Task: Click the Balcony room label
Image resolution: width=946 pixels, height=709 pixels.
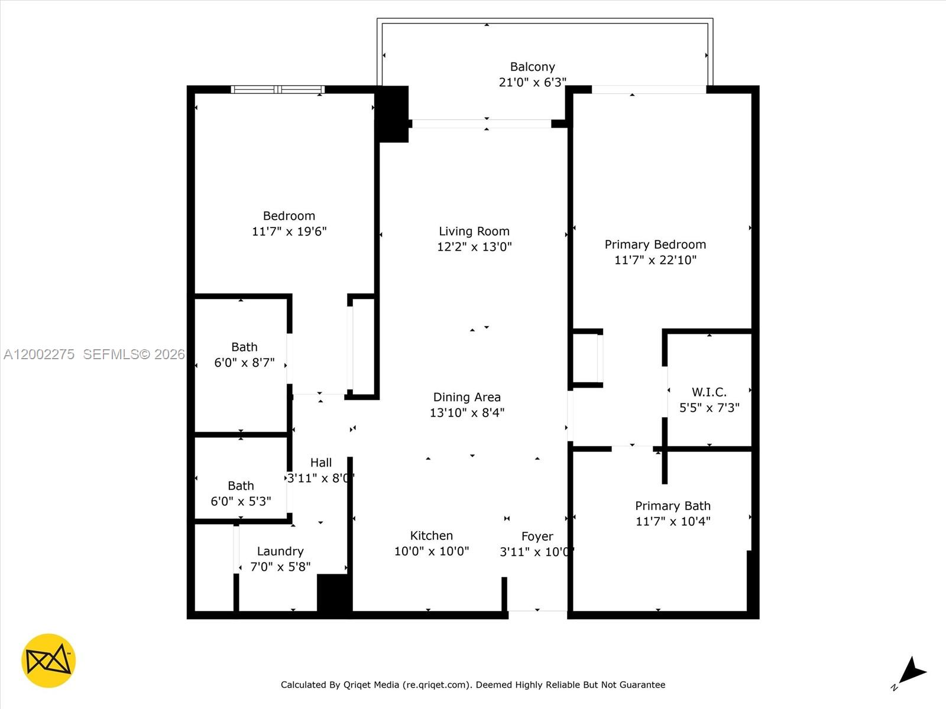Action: [x=532, y=67]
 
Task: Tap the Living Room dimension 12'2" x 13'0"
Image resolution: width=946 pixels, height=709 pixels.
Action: [x=474, y=247]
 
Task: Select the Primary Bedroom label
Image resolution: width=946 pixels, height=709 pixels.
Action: [x=655, y=245]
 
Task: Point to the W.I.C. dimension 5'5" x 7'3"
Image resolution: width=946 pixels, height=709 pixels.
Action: [x=709, y=408]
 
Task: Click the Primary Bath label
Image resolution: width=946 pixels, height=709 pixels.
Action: [x=672, y=506]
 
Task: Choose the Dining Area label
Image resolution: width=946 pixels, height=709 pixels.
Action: [x=466, y=397]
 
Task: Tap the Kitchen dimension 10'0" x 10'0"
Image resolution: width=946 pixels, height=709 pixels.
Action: [x=431, y=551]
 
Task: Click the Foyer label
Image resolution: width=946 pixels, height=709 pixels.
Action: [x=537, y=536]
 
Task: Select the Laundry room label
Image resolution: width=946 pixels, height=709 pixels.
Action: [x=280, y=551]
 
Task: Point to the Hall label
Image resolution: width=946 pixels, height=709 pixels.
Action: [x=320, y=463]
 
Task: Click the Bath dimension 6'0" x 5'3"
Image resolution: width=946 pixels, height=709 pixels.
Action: [x=241, y=501]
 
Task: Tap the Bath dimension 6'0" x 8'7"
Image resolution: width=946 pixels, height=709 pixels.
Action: [x=244, y=363]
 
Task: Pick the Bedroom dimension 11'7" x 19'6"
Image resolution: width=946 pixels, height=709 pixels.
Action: [x=289, y=232]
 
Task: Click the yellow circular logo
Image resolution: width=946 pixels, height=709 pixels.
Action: [x=48, y=661]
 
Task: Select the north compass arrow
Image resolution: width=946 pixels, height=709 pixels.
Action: [x=912, y=672]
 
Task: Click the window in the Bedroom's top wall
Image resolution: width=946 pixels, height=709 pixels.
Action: [x=277, y=90]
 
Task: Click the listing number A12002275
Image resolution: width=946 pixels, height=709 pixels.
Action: [x=39, y=354]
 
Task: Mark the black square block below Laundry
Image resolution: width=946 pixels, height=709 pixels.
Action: [x=334, y=593]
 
